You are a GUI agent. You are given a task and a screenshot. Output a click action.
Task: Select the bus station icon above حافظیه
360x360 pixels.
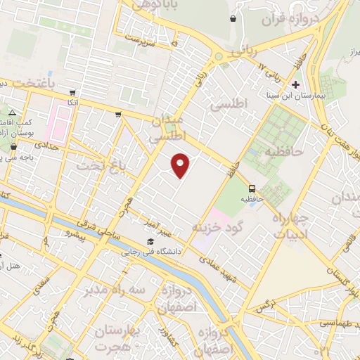pos(252,188)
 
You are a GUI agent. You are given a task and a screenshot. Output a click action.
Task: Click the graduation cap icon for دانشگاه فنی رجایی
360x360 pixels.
pos(150,241)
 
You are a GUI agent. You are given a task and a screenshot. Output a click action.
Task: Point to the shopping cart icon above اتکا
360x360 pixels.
pos(73,92)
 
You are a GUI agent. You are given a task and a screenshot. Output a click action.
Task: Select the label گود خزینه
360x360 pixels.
pos(217,227)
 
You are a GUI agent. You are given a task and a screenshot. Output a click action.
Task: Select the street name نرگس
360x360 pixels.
pos(266,306)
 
